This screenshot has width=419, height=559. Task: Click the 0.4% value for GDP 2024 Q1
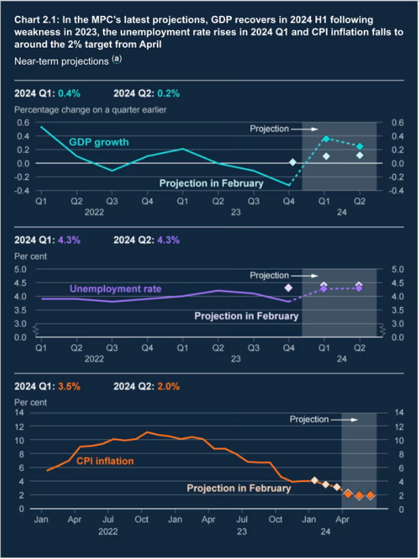coord(69,93)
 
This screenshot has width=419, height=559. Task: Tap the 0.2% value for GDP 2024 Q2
coord(168,93)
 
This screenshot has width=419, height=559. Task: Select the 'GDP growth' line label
coord(98,142)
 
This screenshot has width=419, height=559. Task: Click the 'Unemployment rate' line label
coord(115,288)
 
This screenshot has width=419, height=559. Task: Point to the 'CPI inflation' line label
coord(105,461)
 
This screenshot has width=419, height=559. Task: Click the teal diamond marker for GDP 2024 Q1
coord(326,138)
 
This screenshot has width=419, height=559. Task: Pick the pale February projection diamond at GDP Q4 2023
coord(293,162)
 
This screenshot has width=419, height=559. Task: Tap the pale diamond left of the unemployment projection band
coord(289,288)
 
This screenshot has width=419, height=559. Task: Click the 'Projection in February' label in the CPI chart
coord(239,488)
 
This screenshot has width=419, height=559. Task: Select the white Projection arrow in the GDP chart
coord(304,129)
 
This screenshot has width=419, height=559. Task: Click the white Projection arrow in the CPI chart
coord(344,420)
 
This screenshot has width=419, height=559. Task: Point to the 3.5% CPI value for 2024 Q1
coord(69,387)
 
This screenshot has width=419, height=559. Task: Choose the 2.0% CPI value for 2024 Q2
coord(168,387)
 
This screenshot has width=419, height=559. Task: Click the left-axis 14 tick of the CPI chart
coord(19,412)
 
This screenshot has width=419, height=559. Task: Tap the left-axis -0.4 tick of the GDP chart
coord(21,190)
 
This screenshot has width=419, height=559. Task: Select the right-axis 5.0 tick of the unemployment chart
coord(398,269)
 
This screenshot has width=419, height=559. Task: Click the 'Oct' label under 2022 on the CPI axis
coord(141,519)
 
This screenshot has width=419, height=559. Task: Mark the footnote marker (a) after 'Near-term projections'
coord(117,59)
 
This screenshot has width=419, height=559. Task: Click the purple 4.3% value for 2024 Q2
coord(168,240)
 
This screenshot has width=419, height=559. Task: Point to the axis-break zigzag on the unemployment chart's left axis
coord(36,331)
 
